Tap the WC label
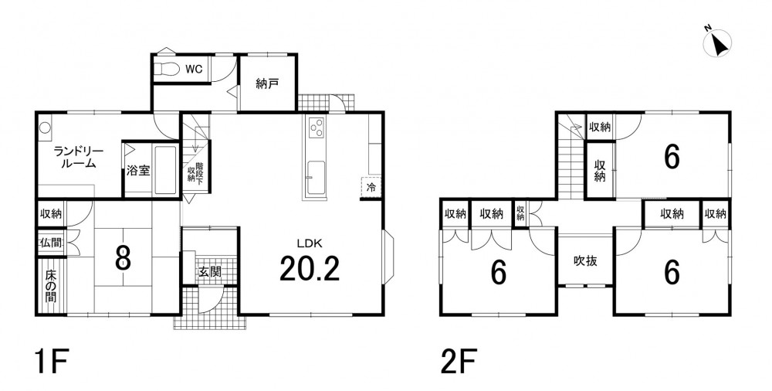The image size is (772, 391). [194, 70]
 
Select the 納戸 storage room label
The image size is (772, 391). [267, 84]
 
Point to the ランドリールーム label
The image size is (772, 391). [78, 158]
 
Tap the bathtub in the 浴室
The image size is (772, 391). [165, 170]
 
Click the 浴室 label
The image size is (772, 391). [138, 171]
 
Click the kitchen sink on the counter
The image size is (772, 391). [315, 178]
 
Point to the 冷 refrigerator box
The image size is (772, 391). [371, 187]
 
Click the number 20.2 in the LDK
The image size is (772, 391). [310, 269]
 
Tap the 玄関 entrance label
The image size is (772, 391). [210, 271]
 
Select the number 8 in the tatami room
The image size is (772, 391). [123, 258]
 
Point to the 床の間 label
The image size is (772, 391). [51, 286]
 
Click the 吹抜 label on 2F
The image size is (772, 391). [586, 261]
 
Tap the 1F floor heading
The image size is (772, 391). [51, 362]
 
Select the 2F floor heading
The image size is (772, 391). [459, 362]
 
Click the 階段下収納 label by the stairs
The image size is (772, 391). [195, 173]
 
